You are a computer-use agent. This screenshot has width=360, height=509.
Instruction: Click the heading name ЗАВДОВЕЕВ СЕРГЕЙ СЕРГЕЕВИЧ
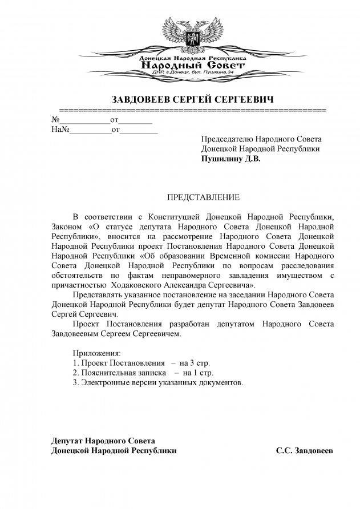[192, 99]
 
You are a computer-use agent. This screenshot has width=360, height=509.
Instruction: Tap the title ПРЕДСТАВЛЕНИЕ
[203, 197]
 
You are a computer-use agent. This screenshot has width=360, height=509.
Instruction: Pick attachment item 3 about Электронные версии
[159, 382]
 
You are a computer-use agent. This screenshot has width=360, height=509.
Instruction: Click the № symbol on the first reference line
[56, 120]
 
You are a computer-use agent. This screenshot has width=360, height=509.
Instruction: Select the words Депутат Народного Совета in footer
[102, 441]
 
